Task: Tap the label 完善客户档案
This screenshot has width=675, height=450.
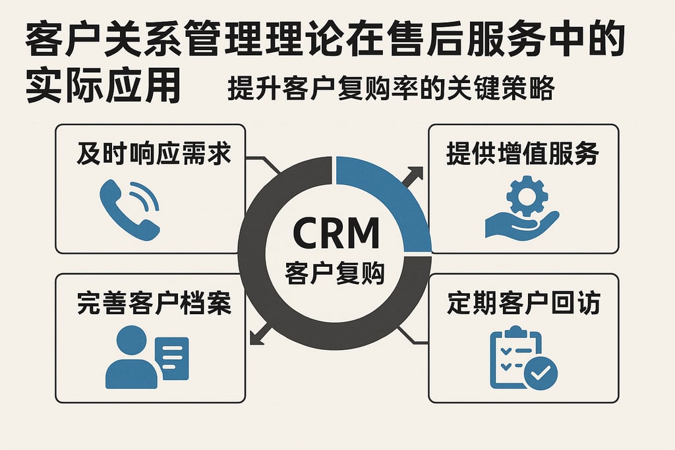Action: point(154,304)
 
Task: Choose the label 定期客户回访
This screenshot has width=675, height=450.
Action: point(523,304)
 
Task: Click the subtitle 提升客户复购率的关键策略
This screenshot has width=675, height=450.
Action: point(390,89)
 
